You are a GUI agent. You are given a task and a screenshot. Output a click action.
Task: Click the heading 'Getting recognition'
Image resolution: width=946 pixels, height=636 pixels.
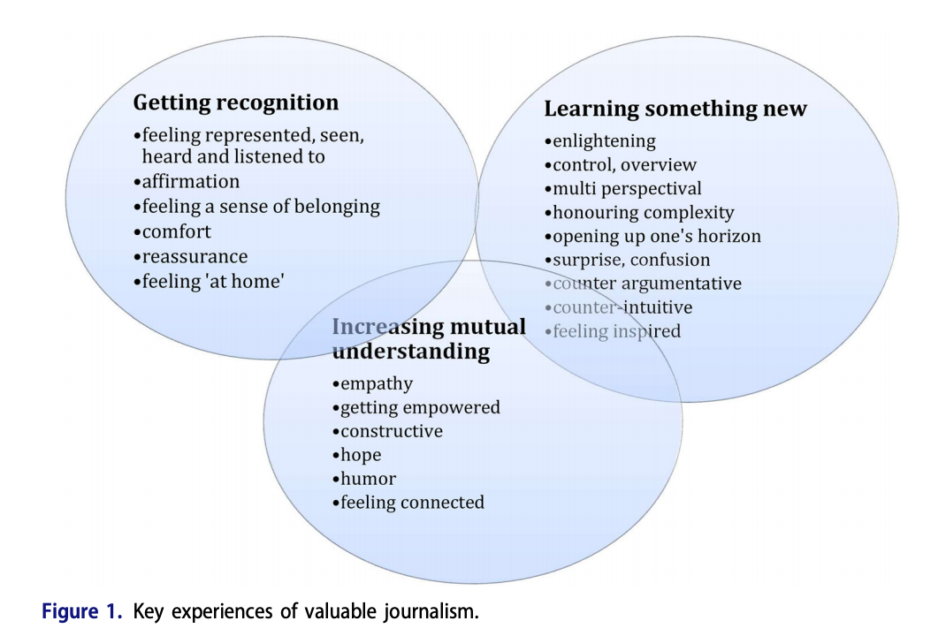(235, 103)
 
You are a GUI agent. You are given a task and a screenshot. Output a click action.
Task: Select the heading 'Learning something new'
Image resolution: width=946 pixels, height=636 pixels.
(675, 110)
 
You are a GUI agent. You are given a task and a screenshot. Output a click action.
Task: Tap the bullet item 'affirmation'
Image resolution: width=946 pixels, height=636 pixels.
(190, 182)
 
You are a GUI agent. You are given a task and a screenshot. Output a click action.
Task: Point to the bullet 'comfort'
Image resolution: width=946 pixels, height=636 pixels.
(176, 232)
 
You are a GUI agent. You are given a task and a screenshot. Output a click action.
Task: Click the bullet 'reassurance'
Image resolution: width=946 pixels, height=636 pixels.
(195, 257)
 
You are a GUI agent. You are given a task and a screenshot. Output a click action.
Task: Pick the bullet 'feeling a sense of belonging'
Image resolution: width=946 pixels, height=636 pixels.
(260, 208)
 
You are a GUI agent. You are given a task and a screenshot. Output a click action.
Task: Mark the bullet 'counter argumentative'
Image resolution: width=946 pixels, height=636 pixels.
(646, 284)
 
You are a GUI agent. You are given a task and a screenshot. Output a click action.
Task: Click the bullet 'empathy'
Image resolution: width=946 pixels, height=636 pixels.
(376, 384)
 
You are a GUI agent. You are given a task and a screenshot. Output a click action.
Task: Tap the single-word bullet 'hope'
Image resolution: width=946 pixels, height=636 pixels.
(361, 456)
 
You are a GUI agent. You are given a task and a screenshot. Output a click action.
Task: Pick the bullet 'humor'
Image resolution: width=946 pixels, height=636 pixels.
(368, 480)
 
